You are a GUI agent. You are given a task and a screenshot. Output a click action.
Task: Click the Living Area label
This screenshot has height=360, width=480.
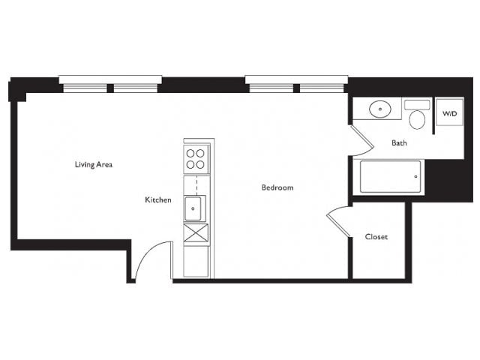coord(94,165)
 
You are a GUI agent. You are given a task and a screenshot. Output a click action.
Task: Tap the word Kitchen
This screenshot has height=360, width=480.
coord(158,200)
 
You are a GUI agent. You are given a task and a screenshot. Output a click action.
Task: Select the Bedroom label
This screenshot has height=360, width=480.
coord(277,187)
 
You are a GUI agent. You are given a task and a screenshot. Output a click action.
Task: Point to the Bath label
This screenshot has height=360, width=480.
coord(399,143)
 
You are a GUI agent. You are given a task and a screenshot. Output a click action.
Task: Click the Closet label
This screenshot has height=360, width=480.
coord(376,237)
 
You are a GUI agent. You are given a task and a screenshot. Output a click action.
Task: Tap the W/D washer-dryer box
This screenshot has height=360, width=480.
coord(449,112)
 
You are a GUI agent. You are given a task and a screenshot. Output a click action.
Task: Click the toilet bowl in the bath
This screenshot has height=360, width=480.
coord(417,120)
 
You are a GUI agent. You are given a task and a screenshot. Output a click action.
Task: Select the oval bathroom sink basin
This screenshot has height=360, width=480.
coord(380,109)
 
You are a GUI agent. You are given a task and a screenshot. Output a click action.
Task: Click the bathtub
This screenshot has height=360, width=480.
coord(390,177)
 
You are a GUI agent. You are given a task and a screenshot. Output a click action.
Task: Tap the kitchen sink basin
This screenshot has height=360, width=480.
coord(193,208)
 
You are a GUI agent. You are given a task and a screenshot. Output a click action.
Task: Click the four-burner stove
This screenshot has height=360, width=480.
coord(196,159)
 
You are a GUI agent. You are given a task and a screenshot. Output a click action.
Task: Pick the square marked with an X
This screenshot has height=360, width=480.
coord(196,233)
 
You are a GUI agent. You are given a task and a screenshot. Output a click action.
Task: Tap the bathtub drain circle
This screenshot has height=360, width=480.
coord(415,177)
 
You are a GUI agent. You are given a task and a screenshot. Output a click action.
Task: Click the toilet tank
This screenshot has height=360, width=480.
coord(417,105)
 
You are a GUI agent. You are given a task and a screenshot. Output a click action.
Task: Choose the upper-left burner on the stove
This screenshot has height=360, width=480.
coord(190,153)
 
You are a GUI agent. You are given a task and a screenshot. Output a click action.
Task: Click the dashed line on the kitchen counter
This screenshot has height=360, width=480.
coord(196,185)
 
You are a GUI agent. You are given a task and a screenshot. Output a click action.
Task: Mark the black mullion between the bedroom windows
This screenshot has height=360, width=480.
coord(296,88)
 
